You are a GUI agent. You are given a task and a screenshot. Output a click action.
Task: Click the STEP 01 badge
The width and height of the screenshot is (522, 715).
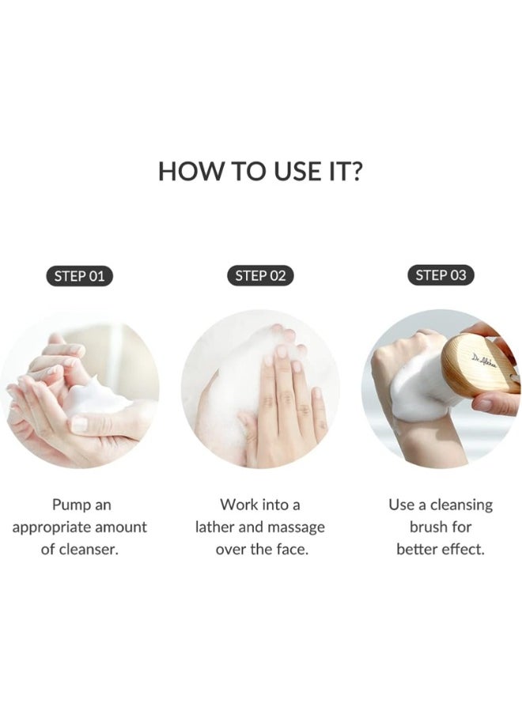coord(79,276)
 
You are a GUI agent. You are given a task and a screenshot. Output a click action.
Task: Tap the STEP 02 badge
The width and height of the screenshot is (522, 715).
coord(260,276)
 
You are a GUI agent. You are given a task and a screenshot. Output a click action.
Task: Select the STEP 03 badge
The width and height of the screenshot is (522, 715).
coord(441,275)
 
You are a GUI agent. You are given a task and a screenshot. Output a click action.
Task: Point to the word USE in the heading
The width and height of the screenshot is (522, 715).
coord(283,171)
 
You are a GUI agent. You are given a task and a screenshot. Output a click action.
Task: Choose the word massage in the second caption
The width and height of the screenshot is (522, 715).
coord(294,527)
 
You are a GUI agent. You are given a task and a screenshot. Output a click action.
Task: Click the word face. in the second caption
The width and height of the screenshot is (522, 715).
coord(288,549)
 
